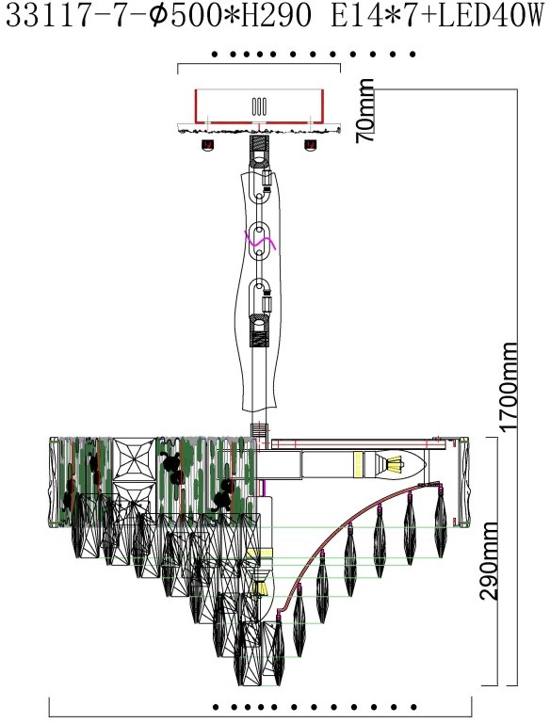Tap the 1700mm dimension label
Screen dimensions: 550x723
click(x=510, y=387)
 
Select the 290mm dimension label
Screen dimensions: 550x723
click(x=489, y=561)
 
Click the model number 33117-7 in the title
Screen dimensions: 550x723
click(x=67, y=16)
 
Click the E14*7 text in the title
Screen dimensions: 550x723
click(x=372, y=16)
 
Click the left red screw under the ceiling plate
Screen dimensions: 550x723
click(x=208, y=146)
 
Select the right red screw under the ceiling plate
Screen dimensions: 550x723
click(x=310, y=146)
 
